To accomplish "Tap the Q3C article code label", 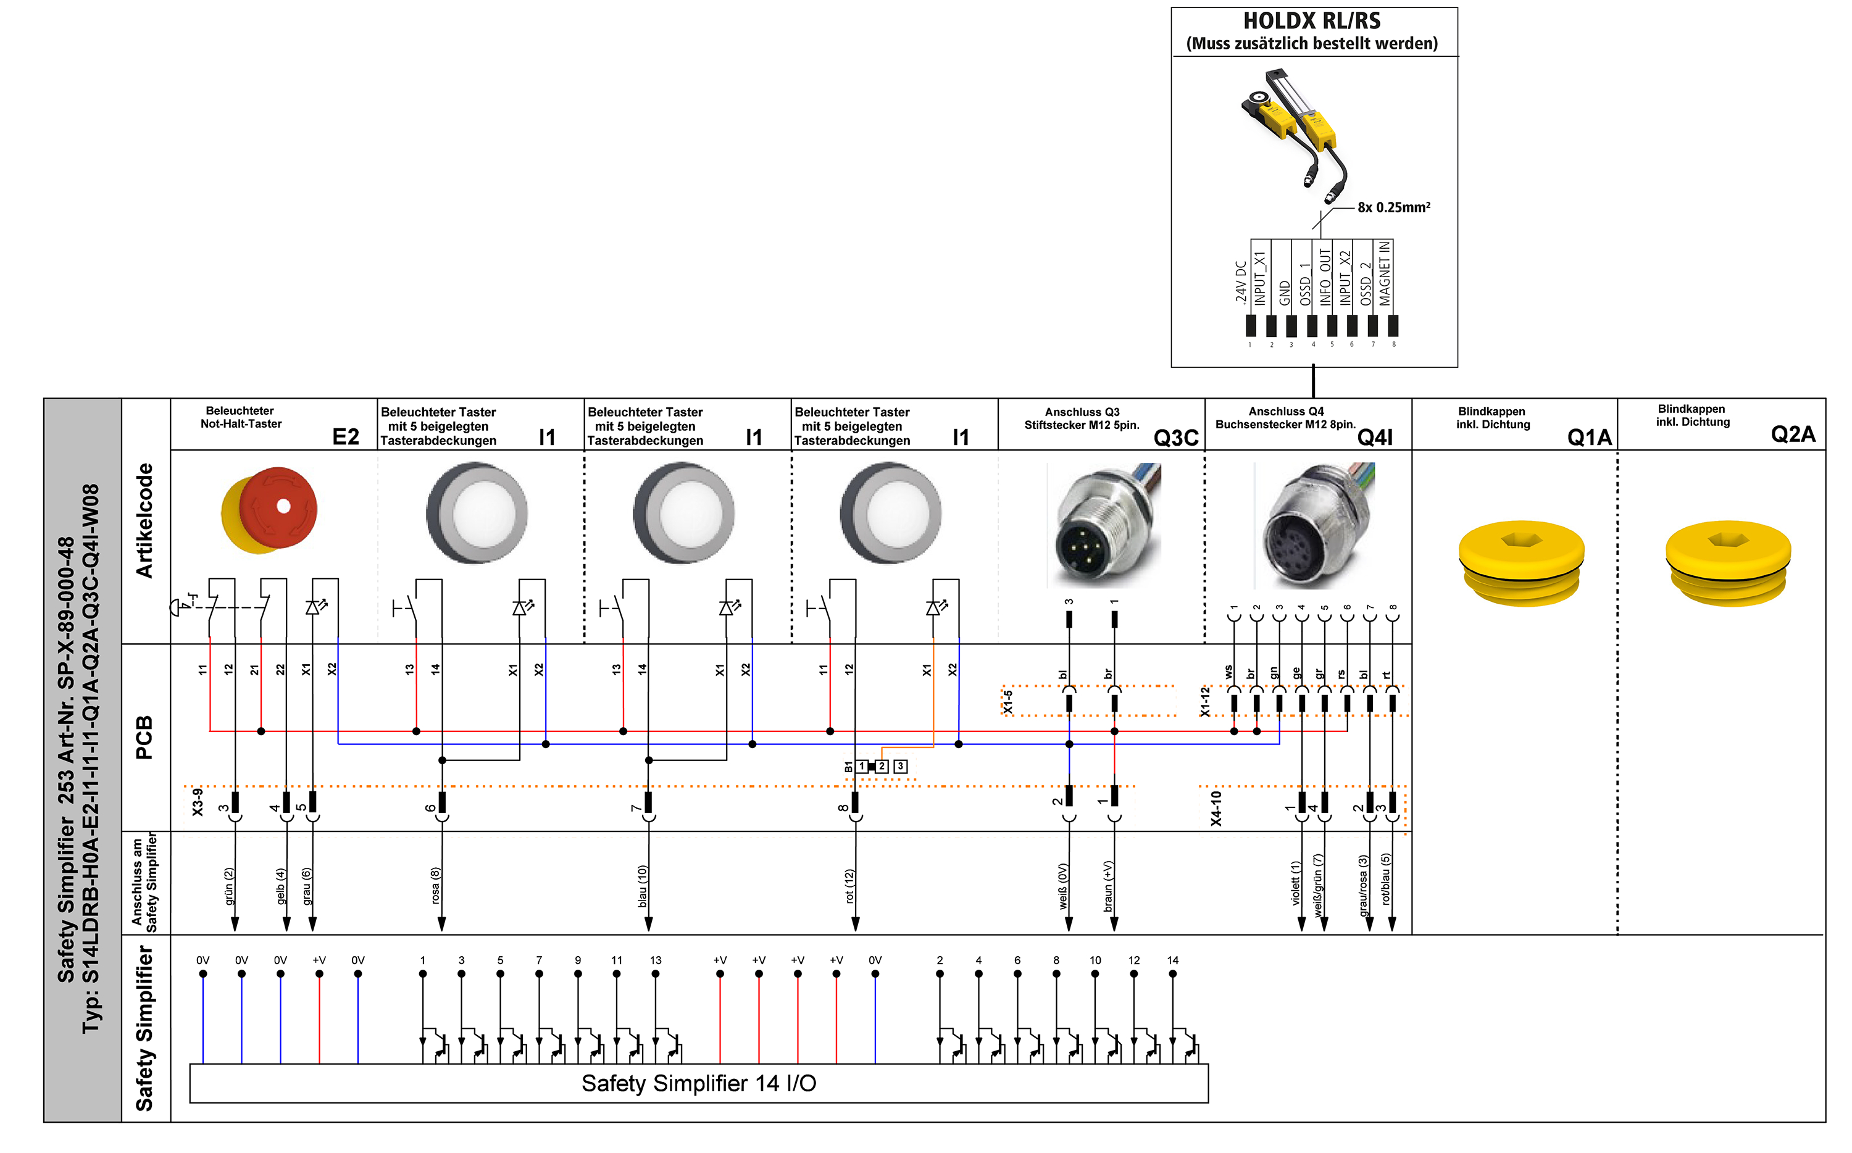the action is pyautogui.click(x=1175, y=438).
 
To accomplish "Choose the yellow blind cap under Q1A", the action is pyautogui.click(x=1521, y=563).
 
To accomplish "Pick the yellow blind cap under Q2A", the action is pyautogui.click(x=1728, y=563).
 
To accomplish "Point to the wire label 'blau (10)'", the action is pyautogui.click(x=642, y=886).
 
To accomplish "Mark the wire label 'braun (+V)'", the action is pyautogui.click(x=1108, y=887).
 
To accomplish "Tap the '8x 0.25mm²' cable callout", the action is pyautogui.click(x=1394, y=207).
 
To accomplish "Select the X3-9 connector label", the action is pyautogui.click(x=198, y=802).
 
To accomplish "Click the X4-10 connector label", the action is pyautogui.click(x=1216, y=809).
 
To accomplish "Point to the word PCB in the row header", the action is pyautogui.click(x=143, y=738).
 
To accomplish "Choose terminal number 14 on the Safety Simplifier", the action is pyautogui.click(x=1173, y=960).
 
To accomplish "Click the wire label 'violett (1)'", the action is pyautogui.click(x=1295, y=883).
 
